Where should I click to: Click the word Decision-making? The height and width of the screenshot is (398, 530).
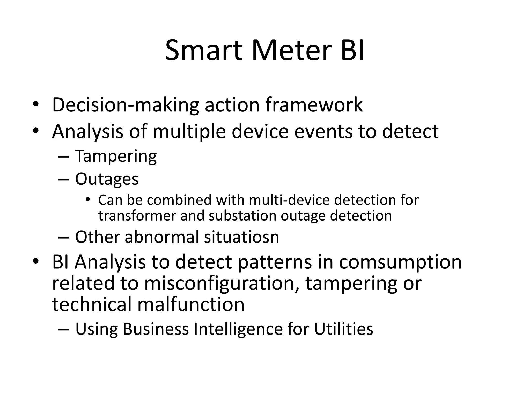click(126, 105)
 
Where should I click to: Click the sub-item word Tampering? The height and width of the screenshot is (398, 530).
click(116, 156)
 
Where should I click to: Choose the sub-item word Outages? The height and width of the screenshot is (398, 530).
click(107, 179)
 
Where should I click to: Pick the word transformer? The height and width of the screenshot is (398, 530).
click(137, 216)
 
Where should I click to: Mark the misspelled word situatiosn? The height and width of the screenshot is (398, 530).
click(241, 237)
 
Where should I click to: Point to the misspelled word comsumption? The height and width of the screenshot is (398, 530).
click(400, 262)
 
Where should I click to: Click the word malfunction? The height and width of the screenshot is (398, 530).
click(191, 304)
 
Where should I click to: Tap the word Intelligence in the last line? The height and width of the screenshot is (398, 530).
click(238, 329)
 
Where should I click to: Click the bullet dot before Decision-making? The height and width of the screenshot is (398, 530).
click(35, 105)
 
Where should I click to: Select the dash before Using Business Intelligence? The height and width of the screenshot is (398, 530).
click(64, 329)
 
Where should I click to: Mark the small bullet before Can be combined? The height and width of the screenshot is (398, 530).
click(87, 200)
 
